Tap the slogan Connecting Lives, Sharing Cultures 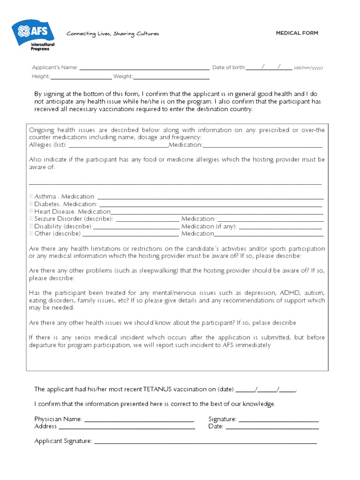[x=112, y=34]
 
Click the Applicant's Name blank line [x=144, y=67]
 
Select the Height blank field [x=81, y=77]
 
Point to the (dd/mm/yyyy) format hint [x=308, y=68]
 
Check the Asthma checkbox [x=31, y=196]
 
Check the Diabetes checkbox [x=31, y=204]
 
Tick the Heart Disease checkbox [x=31, y=211]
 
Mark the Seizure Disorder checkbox [x=31, y=219]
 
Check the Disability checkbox [x=31, y=226]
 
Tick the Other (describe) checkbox [x=31, y=233]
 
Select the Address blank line [x=127, y=427]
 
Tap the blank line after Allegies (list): [x=118, y=145]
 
